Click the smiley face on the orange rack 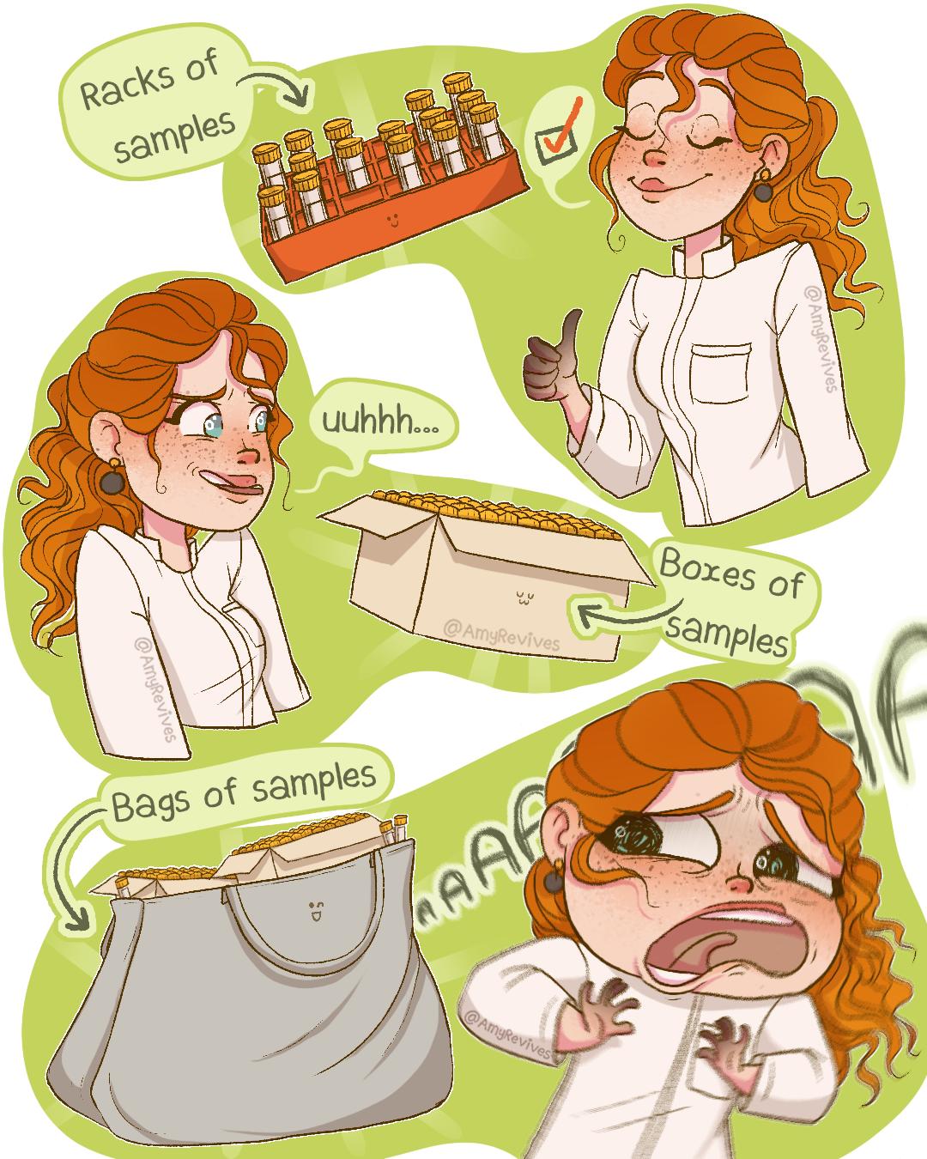coord(394,221)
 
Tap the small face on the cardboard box coord(523,597)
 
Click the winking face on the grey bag coord(314,910)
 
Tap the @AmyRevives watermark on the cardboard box coord(502,634)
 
